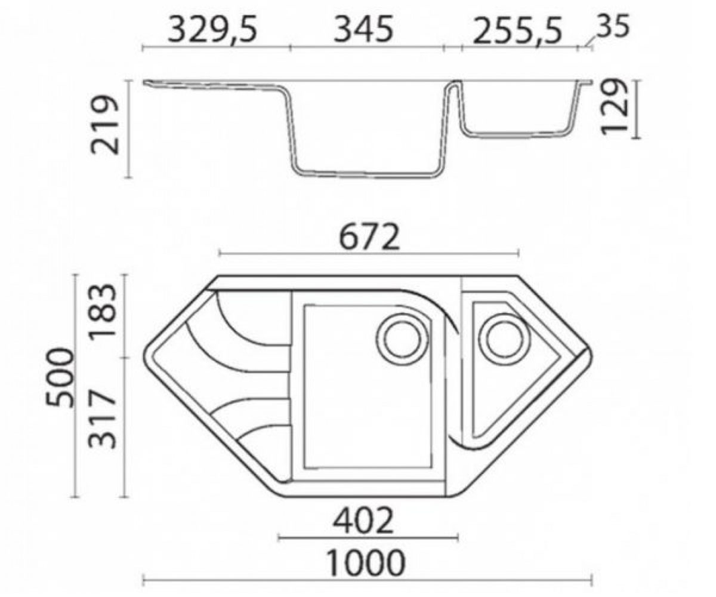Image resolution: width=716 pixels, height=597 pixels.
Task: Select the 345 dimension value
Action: pos(363,30)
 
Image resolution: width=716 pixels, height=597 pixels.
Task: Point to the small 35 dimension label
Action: pos(613,26)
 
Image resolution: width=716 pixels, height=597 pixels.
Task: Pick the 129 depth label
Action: pos(614,106)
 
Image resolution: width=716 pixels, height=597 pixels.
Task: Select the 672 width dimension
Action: pos(369,237)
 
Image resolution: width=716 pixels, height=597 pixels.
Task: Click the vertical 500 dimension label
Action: pos(60,377)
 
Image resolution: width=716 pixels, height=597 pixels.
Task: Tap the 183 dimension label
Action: pos(103,312)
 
